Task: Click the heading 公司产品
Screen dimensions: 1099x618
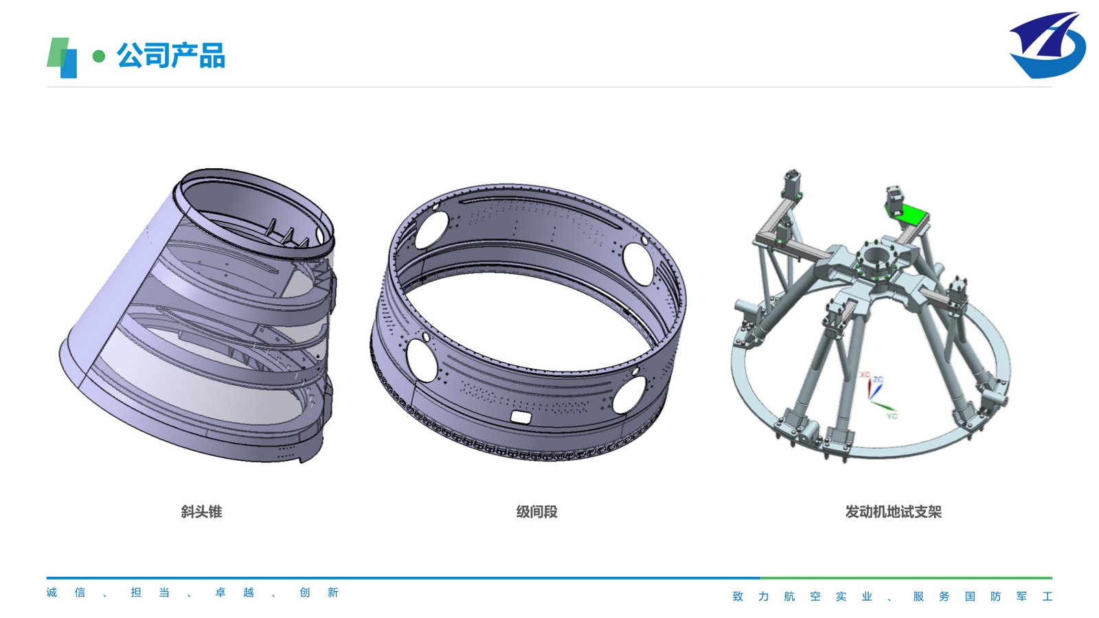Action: coord(171,55)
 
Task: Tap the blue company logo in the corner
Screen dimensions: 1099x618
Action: coord(1047,45)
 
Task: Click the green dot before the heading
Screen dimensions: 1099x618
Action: coord(99,56)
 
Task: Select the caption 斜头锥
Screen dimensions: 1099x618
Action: coord(201,512)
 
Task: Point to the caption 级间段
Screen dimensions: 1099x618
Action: coord(536,512)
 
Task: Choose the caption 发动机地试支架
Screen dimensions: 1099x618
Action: coord(893,512)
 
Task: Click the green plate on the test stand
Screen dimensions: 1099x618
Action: coord(907,215)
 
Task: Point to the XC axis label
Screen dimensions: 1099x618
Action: coord(864,375)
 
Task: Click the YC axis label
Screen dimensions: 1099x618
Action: coord(892,416)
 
